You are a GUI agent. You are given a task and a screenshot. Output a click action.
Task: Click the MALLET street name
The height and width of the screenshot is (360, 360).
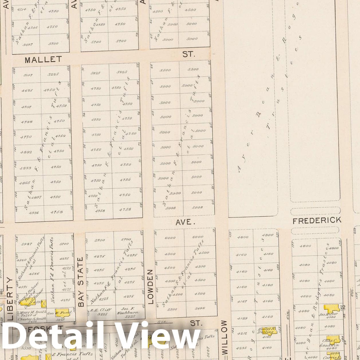(43, 60)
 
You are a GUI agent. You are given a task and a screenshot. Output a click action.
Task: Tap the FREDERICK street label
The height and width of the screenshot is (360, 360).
(317, 221)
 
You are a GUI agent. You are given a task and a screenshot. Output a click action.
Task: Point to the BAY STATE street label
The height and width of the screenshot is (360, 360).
(80, 282)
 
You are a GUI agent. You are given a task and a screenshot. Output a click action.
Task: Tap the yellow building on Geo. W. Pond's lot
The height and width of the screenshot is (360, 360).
(62, 313)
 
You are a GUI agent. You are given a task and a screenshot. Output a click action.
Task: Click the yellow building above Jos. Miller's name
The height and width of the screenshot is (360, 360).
(332, 308)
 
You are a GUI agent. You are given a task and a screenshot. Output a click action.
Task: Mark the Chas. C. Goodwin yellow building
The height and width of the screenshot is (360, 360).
(333, 340)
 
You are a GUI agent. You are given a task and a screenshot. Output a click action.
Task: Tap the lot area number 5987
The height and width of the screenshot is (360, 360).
(27, 244)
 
